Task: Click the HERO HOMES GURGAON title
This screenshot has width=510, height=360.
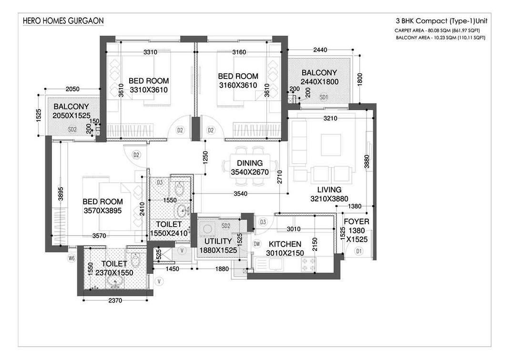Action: coord(63,21)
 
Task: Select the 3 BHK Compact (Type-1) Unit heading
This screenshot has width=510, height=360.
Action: coord(441,21)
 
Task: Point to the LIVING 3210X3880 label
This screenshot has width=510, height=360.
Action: coord(326,194)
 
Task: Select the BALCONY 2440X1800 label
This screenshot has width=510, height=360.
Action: coord(319,77)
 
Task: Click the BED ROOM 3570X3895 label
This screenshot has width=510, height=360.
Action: coord(102,206)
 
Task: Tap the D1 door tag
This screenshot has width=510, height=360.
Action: coord(358,251)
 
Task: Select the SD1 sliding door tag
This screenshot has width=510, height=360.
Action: coord(324,97)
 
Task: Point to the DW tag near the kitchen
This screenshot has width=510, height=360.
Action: coord(257,244)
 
